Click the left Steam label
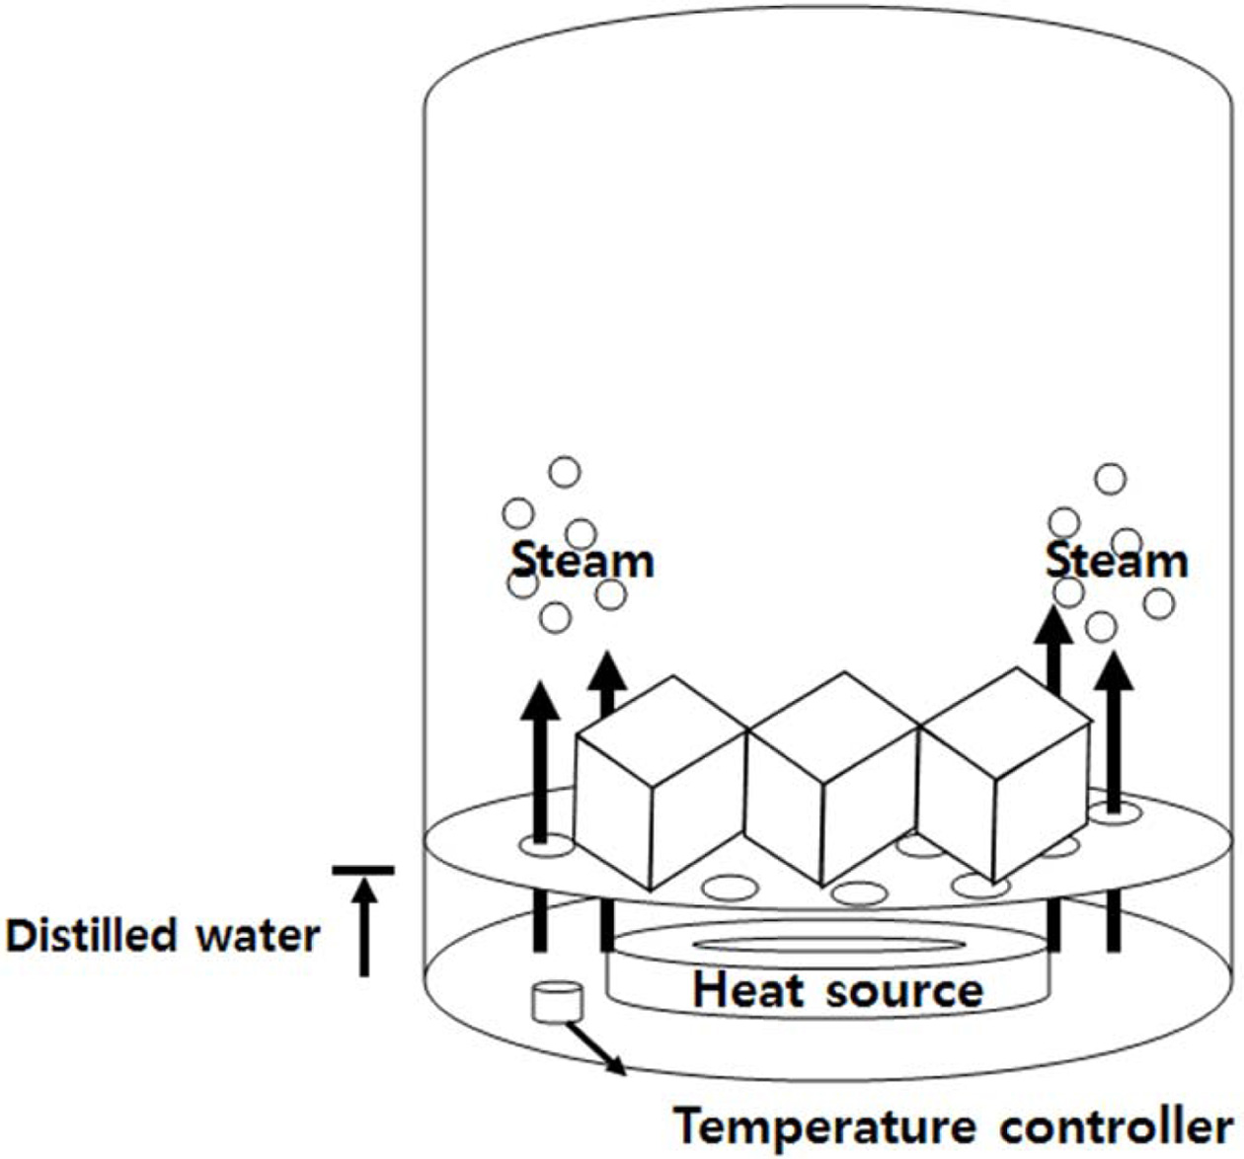coord(583,561)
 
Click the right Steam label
coord(1117,561)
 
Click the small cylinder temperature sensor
coord(557,1001)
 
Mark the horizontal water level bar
coord(363,870)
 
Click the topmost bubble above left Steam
coord(565,473)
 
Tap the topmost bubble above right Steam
coord(1111,479)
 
